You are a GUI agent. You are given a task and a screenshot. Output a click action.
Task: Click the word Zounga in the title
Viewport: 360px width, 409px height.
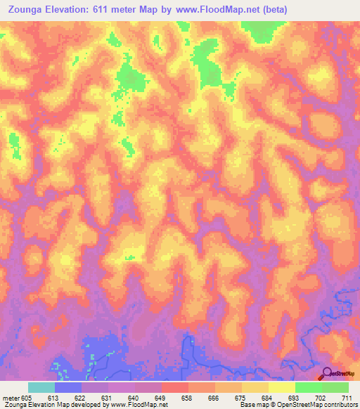coord(26,11)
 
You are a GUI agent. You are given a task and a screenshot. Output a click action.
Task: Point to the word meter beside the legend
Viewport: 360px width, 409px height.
coord(11,397)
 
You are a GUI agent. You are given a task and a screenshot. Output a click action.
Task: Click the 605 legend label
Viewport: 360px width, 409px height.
coord(27,397)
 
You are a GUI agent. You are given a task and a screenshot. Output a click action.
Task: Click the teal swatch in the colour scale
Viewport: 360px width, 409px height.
coord(41,387)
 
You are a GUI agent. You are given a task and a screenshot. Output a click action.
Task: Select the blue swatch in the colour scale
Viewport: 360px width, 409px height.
coord(68,387)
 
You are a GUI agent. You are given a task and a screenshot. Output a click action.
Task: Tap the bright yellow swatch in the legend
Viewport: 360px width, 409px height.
coord(282,387)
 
